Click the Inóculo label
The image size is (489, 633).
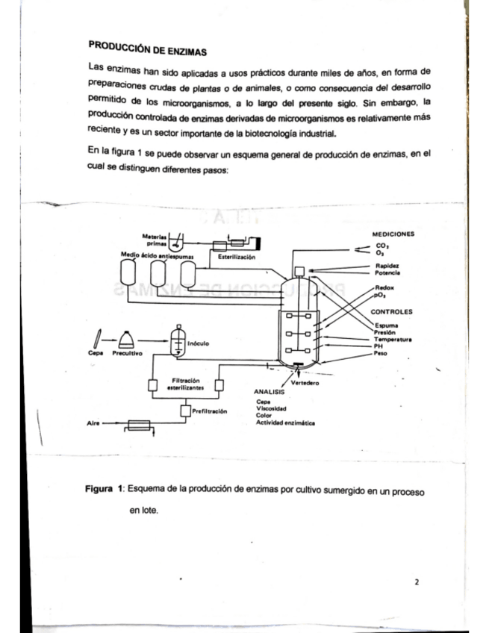pos(197,344)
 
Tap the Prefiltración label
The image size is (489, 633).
pos(210,411)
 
